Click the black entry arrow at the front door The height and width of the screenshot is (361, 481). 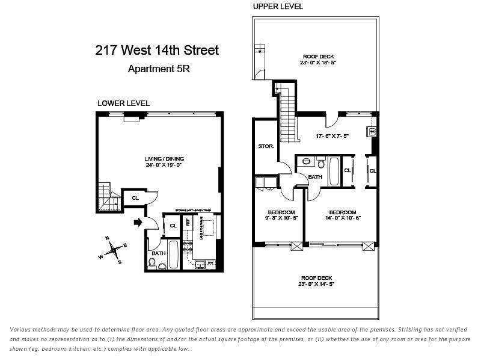[138, 223]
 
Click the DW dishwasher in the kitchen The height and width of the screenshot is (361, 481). [210, 263]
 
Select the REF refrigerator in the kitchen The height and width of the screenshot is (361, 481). [188, 222]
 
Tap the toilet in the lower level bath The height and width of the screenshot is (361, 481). [153, 263]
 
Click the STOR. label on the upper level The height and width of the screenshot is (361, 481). [266, 146]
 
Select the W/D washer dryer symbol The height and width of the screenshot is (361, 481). [373, 131]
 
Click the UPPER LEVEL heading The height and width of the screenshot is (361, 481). [278, 7]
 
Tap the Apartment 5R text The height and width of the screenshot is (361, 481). [159, 69]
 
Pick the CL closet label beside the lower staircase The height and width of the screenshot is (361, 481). [135, 197]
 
